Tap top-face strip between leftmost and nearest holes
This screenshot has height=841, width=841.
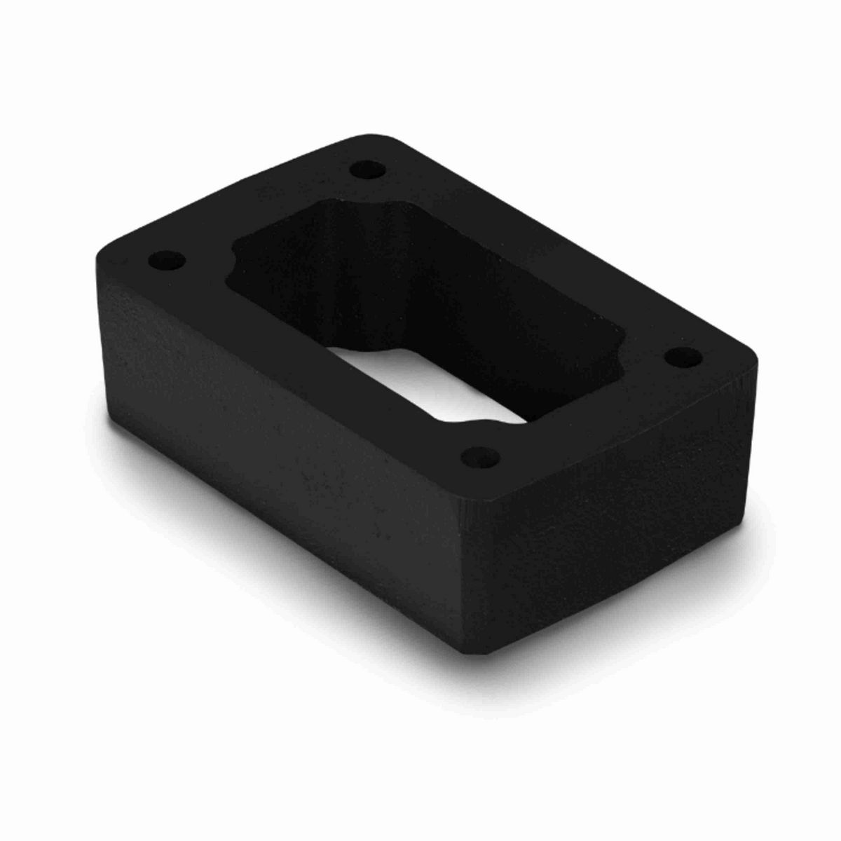tap(315, 364)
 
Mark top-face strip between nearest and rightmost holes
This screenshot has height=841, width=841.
tap(596, 413)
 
